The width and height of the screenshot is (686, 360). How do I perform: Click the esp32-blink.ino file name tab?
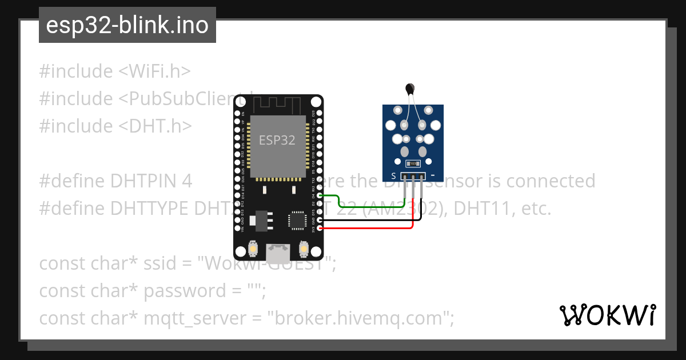click(127, 26)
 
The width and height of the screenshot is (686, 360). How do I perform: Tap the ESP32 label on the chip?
click(277, 140)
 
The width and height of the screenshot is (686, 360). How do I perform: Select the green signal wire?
click(372, 207)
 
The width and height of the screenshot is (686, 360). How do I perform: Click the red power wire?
click(372, 229)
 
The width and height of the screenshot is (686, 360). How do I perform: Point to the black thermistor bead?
click(409, 88)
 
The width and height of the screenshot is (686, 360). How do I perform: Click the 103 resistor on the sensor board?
click(413, 164)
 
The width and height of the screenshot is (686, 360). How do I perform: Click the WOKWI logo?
click(608, 315)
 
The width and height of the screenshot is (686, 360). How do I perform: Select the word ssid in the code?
click(163, 264)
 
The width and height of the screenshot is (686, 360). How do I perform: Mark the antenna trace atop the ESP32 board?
click(278, 105)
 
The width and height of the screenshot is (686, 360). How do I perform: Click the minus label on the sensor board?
click(433, 175)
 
